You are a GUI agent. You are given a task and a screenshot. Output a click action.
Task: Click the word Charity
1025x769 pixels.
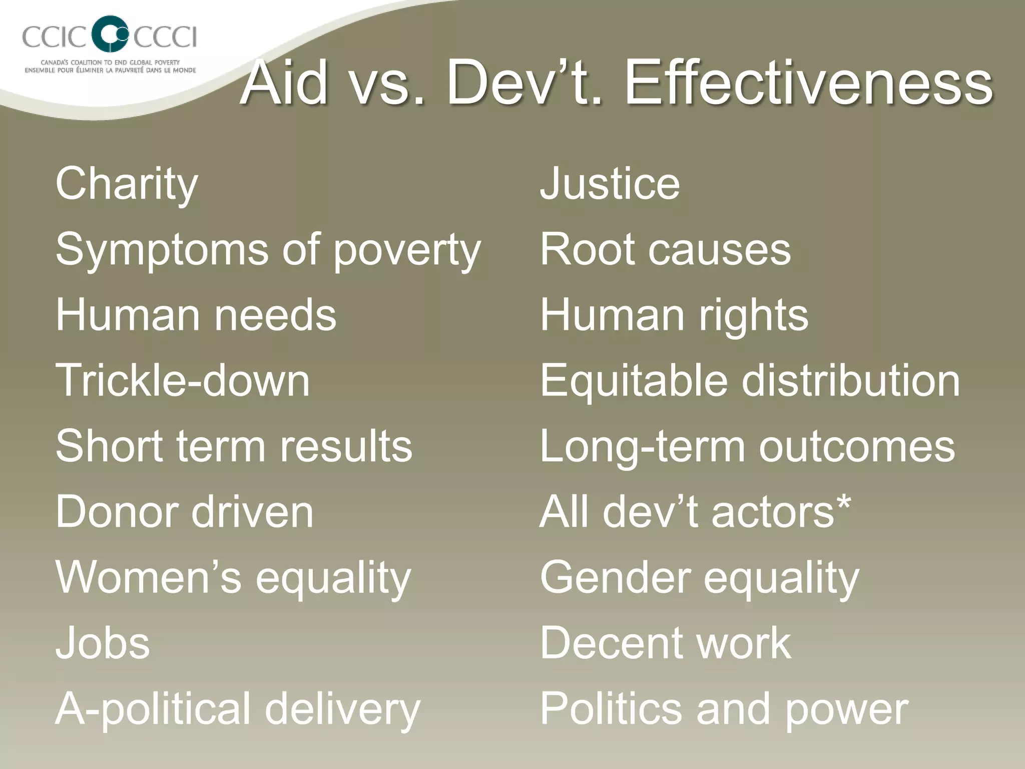click(127, 184)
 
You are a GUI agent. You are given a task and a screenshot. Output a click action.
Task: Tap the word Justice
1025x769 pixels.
click(610, 183)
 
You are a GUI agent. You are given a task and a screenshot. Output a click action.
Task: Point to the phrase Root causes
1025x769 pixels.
click(665, 249)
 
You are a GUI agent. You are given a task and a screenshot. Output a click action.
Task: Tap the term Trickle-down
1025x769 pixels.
click(183, 380)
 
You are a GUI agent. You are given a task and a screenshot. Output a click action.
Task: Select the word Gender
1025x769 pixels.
click(615, 577)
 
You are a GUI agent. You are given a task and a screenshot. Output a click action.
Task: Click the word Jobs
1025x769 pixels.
click(103, 643)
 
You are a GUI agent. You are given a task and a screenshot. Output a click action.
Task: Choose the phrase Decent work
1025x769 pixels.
click(665, 643)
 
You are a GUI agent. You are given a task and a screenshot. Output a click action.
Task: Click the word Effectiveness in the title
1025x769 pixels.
click(808, 83)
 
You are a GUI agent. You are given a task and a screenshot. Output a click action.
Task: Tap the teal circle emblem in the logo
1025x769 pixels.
click(111, 33)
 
